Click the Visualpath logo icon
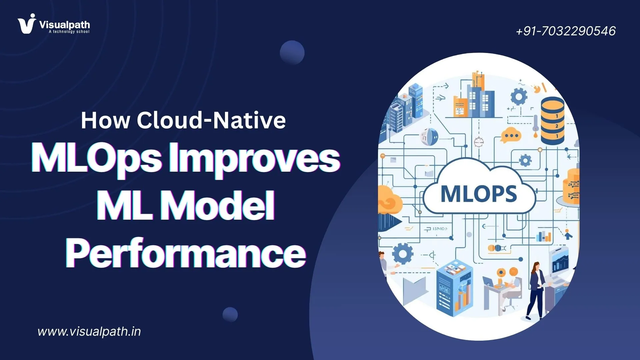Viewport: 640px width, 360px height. click(26, 24)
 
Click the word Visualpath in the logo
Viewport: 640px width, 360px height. click(65, 25)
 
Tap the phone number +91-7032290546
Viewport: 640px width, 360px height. click(566, 31)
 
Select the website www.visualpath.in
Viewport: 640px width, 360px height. click(89, 331)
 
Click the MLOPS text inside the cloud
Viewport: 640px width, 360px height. click(479, 194)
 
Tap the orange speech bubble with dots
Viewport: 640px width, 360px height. click(510, 135)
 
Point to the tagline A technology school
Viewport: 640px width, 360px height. click(69, 32)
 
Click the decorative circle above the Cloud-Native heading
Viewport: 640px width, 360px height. click(292, 53)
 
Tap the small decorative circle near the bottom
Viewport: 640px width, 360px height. click(230, 314)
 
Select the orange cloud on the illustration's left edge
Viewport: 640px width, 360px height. click(388, 200)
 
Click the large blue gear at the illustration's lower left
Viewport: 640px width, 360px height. click(403, 254)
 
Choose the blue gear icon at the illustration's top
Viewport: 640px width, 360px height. click(519, 97)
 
